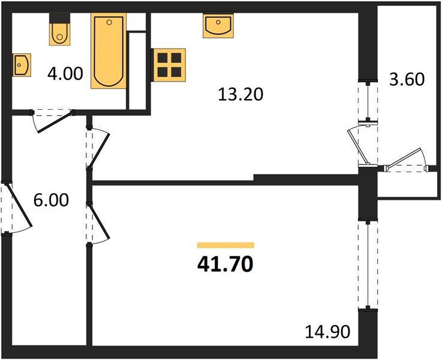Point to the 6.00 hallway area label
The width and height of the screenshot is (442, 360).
click(51, 201)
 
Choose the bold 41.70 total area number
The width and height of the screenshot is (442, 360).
click(225, 263)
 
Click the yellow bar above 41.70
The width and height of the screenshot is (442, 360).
click(225, 245)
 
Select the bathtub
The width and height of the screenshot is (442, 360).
click(109, 52)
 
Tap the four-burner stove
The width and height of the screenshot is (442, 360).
click(169, 65)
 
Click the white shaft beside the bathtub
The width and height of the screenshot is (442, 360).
click(138, 71)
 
